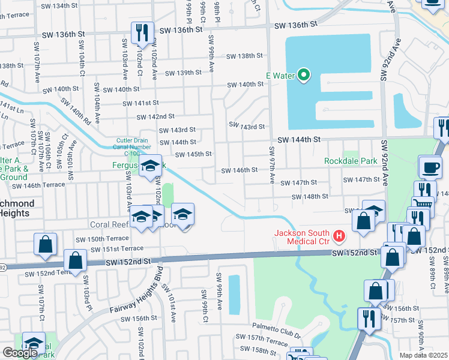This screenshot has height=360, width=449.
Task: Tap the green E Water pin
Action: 304,75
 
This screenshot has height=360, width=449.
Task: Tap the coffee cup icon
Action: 429,167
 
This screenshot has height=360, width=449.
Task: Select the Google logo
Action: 20,352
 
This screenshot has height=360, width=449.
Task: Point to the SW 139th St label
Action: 179,73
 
